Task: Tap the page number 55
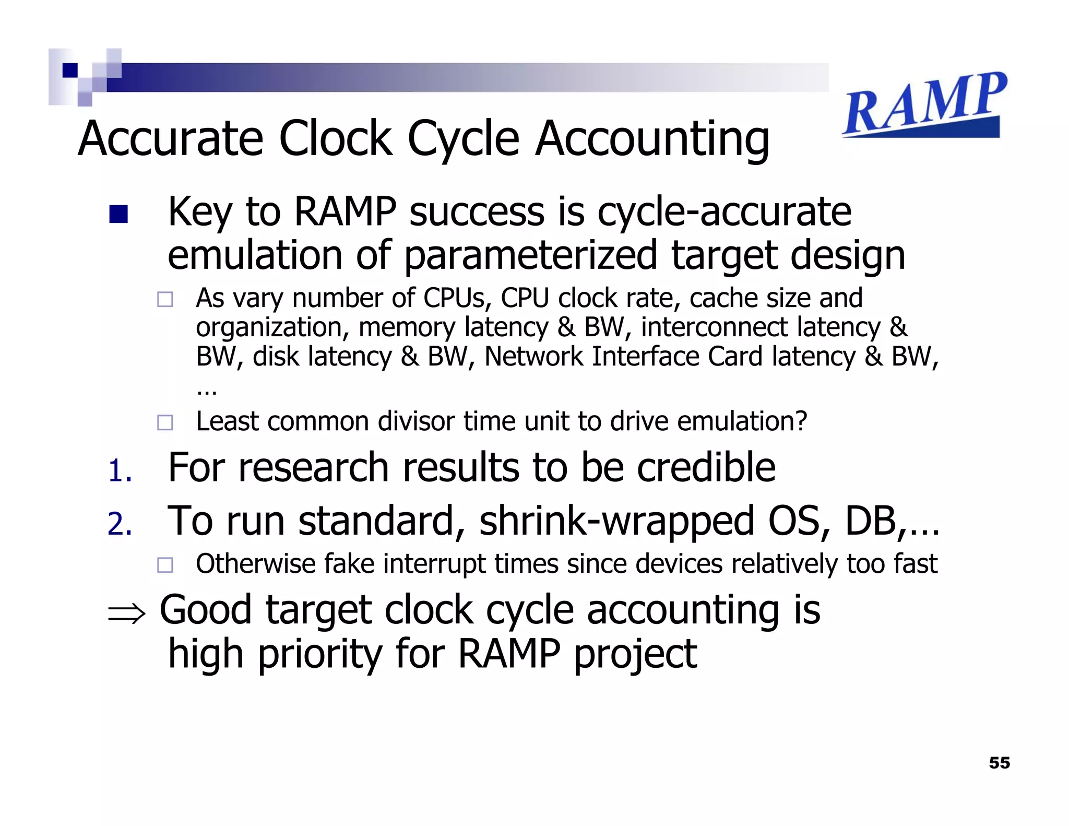[999, 763]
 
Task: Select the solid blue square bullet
[118, 214]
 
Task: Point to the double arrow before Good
[127, 613]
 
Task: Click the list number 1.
[120, 470]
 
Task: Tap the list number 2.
[120, 524]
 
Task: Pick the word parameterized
[530, 256]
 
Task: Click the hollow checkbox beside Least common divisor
[165, 422]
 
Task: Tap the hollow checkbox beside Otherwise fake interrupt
[165, 565]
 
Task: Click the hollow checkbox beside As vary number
[165, 299]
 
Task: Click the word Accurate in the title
[171, 139]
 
